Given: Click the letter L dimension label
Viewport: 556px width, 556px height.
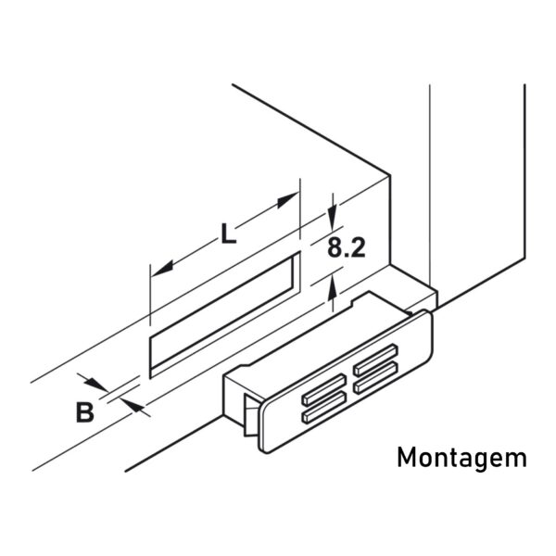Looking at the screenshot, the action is coord(229,234).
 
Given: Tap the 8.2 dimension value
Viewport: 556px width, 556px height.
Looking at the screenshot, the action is coord(346,247).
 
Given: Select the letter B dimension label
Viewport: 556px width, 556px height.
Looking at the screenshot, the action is coord(85,411).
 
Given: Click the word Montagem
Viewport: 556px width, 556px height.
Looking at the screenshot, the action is coord(462,458).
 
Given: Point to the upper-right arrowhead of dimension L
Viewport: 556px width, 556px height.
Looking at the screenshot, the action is coord(288,200).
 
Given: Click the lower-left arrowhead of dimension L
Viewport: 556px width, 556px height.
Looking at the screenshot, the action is coord(163,269).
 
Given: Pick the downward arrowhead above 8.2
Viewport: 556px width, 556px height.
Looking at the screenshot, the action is coord(333,218).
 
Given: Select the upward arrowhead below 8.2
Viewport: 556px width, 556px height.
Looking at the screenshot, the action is coord(333,288).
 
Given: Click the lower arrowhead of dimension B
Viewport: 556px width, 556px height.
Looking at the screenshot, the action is coord(132,406).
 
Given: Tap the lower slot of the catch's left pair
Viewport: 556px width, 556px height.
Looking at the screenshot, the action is coord(324,407).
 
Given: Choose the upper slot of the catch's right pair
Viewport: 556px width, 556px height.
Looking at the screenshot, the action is coord(375,360).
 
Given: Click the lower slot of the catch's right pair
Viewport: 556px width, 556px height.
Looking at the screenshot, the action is coord(375,377).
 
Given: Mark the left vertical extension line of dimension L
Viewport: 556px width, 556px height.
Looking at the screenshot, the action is coord(150,295).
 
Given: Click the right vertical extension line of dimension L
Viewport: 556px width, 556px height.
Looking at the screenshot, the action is coord(300,208).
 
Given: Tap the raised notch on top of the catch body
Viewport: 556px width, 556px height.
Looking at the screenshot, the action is coord(369,297).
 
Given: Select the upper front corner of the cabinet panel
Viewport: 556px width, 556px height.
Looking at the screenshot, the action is coord(390,175).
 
